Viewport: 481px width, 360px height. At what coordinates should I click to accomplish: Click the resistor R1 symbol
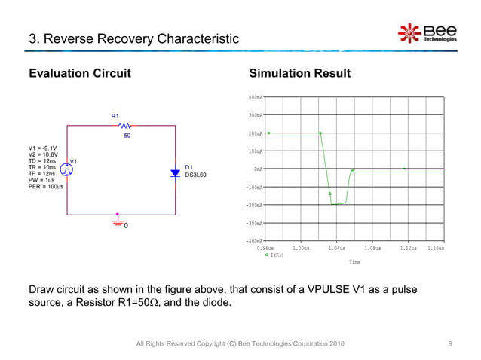click(x=125, y=127)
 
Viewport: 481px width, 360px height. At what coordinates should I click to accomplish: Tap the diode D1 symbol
click(x=175, y=172)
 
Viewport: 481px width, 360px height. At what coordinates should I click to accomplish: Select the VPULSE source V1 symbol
click(x=68, y=171)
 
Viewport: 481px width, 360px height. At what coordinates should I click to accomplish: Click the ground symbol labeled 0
click(x=118, y=224)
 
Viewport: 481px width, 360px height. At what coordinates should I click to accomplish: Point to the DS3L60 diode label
click(x=195, y=175)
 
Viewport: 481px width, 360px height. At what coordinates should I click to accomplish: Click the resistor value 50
click(x=127, y=136)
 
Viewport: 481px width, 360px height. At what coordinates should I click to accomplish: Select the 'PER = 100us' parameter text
click(x=45, y=186)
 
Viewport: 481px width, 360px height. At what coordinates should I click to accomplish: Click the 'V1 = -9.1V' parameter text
click(x=42, y=148)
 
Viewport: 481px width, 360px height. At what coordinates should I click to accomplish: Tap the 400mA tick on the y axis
click(x=254, y=97)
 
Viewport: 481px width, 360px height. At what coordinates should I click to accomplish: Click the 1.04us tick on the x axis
click(x=336, y=248)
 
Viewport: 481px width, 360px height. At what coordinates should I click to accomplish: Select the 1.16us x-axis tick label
click(x=435, y=248)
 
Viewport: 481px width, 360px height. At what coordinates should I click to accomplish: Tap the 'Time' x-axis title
click(x=354, y=262)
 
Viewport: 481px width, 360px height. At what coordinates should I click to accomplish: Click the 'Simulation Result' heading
click(x=299, y=73)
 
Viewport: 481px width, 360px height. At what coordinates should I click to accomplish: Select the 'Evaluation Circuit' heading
click(x=79, y=73)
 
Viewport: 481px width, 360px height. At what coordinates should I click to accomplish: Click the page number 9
click(x=449, y=343)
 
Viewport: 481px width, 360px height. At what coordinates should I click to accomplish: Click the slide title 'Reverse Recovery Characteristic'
click(x=133, y=38)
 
